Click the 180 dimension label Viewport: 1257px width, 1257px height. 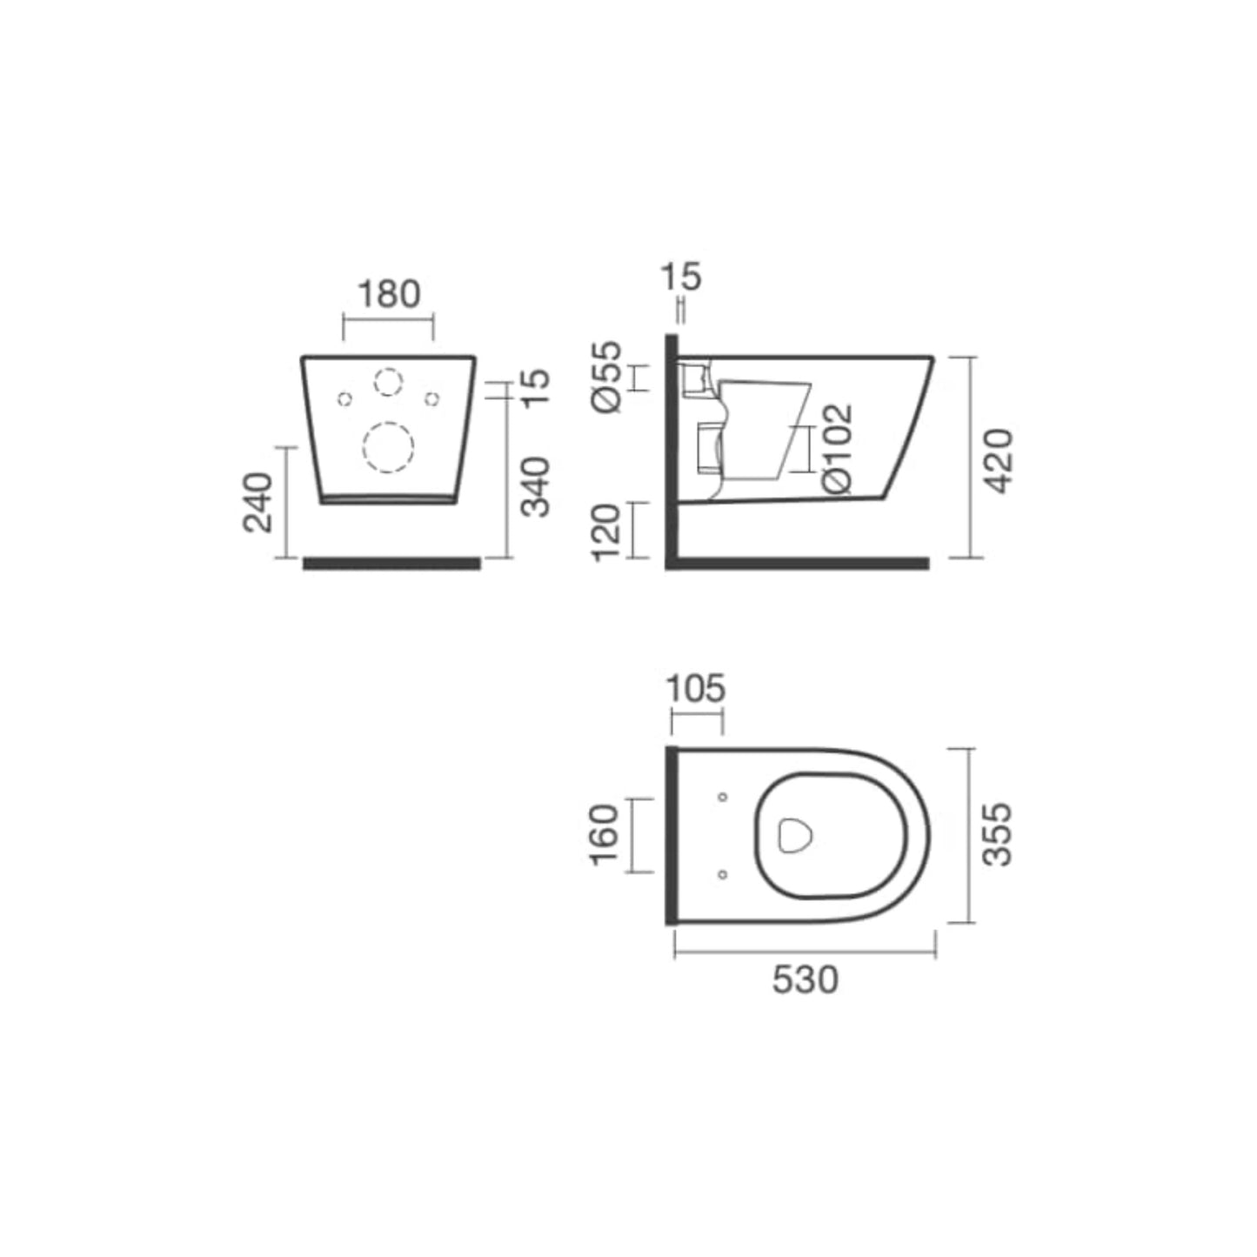[389, 294]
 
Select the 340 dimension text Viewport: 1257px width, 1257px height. [538, 486]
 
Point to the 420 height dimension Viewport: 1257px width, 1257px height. [999, 461]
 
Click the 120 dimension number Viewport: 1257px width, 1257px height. [606, 532]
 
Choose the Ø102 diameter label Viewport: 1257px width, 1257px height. [837, 449]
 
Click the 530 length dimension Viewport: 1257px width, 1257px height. [805, 980]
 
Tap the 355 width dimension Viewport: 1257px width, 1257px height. [998, 834]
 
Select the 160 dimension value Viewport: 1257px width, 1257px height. [604, 834]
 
